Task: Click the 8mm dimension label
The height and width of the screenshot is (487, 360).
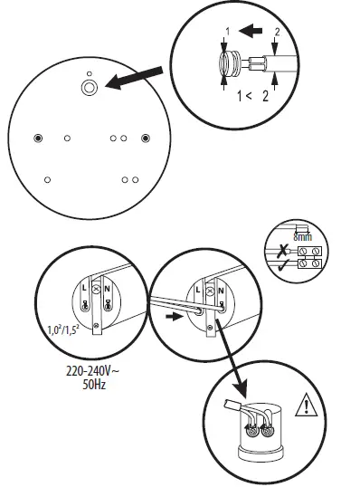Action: (303, 237)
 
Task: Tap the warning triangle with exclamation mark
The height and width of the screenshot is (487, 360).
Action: (307, 405)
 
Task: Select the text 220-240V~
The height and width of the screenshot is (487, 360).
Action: (92, 371)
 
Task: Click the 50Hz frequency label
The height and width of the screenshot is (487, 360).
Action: (94, 385)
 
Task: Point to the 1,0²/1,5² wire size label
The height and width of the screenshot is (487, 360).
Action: (63, 329)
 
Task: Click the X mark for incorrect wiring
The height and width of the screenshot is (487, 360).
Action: (282, 250)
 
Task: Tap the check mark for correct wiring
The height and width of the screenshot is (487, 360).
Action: (283, 265)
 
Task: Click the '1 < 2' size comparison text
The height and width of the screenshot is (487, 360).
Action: (252, 96)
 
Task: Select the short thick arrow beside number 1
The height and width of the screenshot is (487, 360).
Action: (251, 31)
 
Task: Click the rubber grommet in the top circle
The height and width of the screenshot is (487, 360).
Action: (229, 64)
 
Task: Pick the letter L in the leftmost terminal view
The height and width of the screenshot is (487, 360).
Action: (84, 288)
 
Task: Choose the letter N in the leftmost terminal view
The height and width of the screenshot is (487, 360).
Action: (108, 289)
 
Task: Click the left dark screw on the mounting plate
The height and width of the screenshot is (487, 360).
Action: (38, 138)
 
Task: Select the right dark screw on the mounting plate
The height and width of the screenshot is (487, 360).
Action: (146, 138)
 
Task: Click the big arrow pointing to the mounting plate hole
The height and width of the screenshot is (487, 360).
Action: (135, 78)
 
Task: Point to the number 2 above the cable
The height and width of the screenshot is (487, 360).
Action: (277, 32)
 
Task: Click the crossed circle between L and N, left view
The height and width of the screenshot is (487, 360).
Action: (97, 290)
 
